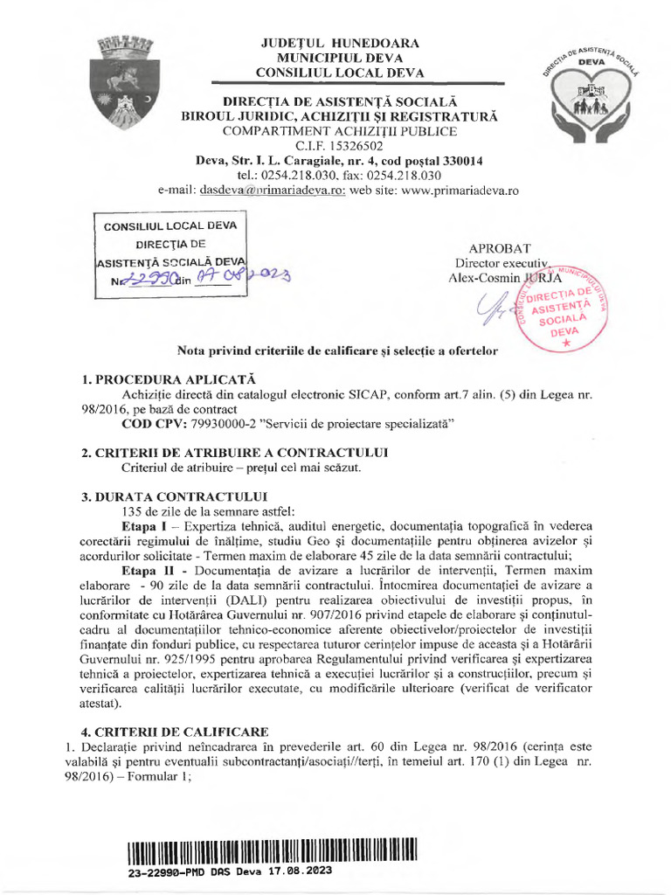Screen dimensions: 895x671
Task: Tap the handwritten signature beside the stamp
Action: (x=493, y=306)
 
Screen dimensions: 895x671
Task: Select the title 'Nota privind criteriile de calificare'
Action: (x=337, y=350)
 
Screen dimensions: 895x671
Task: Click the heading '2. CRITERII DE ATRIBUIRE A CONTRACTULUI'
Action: (x=235, y=452)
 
